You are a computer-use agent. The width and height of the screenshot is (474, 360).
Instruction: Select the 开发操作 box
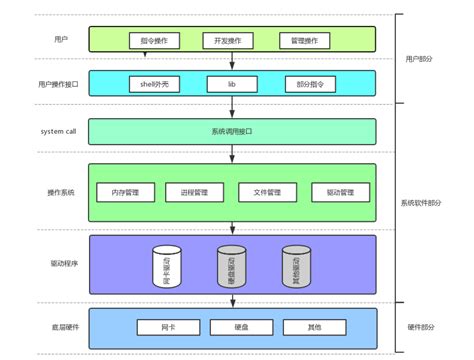(x=231, y=41)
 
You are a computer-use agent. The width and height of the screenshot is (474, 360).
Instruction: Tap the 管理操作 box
(x=306, y=41)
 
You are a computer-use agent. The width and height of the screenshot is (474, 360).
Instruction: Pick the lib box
(x=231, y=84)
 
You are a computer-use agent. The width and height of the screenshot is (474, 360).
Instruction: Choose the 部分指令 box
(x=306, y=84)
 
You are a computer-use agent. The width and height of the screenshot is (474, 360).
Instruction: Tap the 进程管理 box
(x=195, y=191)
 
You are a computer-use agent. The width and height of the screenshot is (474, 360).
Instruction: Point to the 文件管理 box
(x=267, y=191)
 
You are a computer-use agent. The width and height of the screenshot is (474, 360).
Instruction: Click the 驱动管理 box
(x=340, y=191)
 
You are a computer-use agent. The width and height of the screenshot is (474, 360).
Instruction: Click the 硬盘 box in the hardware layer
(x=231, y=327)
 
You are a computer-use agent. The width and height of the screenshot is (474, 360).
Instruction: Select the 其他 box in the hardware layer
(x=306, y=327)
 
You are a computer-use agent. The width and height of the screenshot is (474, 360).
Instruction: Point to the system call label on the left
(x=58, y=131)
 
